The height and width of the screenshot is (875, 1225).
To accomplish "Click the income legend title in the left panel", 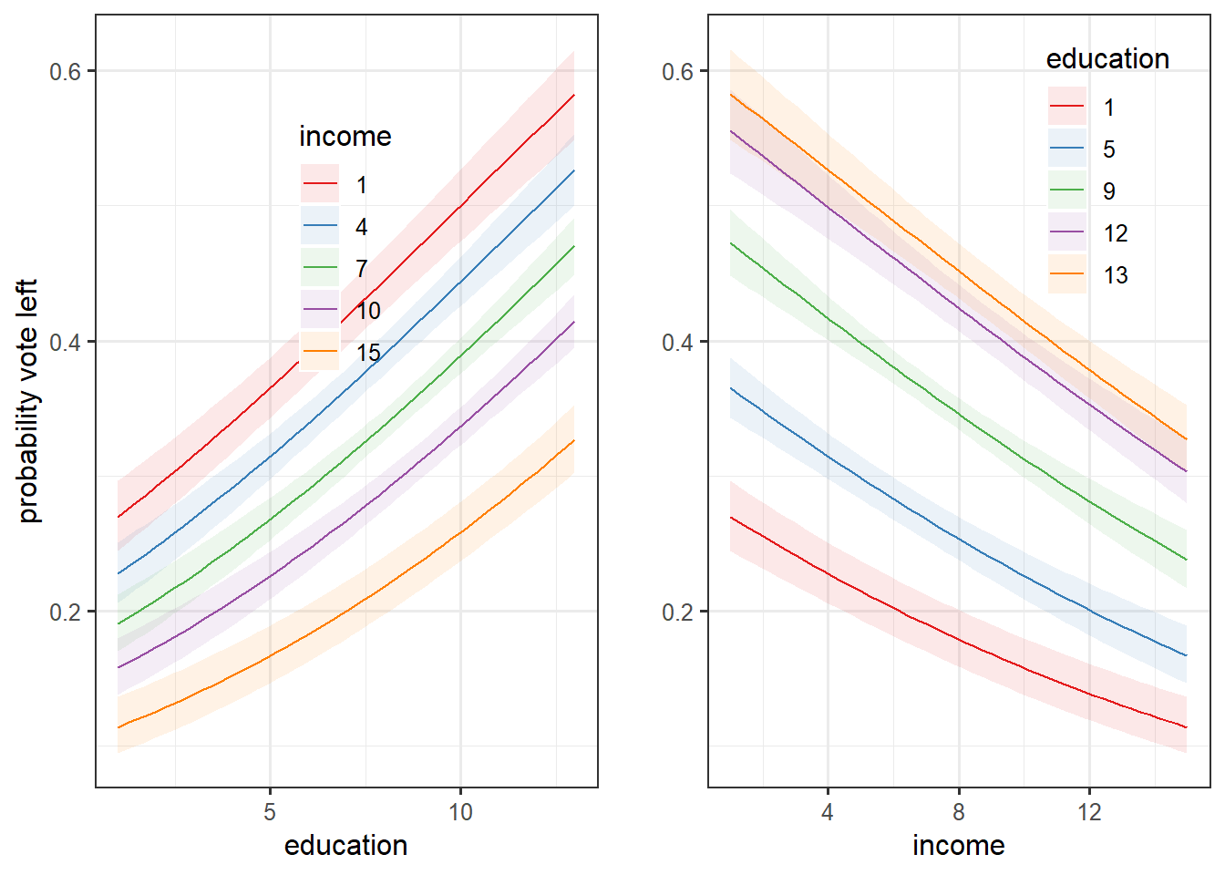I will (x=345, y=137).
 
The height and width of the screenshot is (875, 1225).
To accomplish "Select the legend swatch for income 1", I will (x=320, y=185).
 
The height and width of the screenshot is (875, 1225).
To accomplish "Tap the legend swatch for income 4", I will (x=320, y=227).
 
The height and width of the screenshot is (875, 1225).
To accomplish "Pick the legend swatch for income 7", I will (x=320, y=269).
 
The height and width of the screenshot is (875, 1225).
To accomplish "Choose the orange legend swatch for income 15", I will (x=320, y=353).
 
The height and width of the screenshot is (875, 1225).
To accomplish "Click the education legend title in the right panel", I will (x=1107, y=59).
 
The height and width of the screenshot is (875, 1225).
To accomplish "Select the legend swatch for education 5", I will (x=1067, y=149).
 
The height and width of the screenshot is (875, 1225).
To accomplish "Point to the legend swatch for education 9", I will (x=1067, y=191).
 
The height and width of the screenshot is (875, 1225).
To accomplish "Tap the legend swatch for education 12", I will (x=1067, y=233).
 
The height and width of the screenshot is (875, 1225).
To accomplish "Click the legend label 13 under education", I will (x=1116, y=275).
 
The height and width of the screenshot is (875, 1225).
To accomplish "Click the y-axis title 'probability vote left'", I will (x=29, y=401).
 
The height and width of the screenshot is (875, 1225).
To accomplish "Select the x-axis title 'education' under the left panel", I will (x=345, y=846).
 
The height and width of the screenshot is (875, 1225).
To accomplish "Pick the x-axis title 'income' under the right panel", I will (x=958, y=846).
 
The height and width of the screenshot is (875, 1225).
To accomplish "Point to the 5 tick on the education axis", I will (x=270, y=812).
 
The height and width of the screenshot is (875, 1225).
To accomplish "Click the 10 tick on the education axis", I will (x=460, y=812).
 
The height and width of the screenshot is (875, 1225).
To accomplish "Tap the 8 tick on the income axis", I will (x=959, y=812).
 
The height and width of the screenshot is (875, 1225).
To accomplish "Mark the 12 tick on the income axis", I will (x=1089, y=812).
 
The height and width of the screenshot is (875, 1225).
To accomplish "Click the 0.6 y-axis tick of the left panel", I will (x=65, y=71).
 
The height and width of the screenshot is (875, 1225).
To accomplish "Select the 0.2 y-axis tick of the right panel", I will (x=677, y=612).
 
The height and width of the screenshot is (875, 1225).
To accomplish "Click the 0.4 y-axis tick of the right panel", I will (x=677, y=342).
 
